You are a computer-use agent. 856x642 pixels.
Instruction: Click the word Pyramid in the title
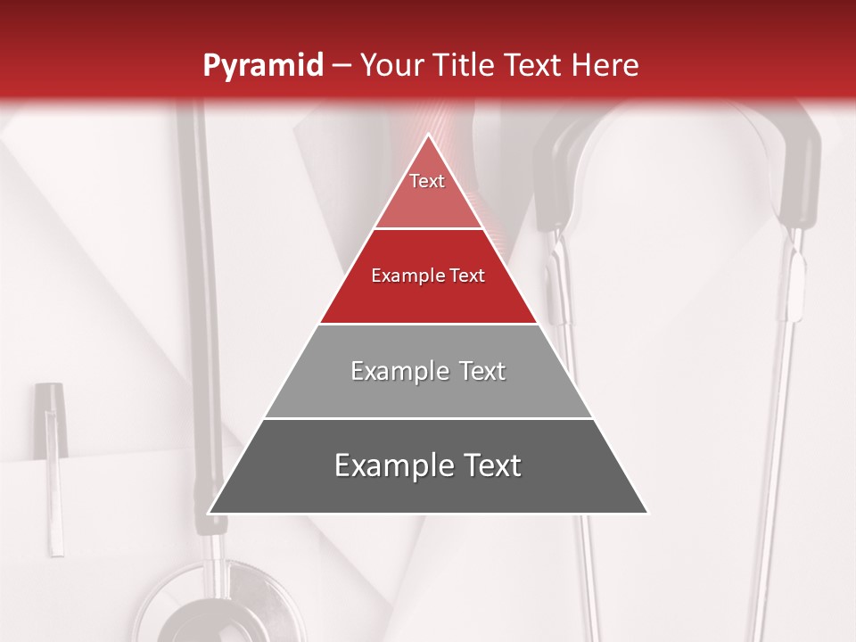(263, 66)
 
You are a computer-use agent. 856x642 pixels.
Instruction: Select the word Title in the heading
(464, 66)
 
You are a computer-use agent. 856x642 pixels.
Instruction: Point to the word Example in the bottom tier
(389, 466)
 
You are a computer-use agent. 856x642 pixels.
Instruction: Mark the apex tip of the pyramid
(428, 135)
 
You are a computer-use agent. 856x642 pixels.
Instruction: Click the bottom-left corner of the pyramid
(210, 513)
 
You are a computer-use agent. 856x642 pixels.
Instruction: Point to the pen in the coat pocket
(53, 464)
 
